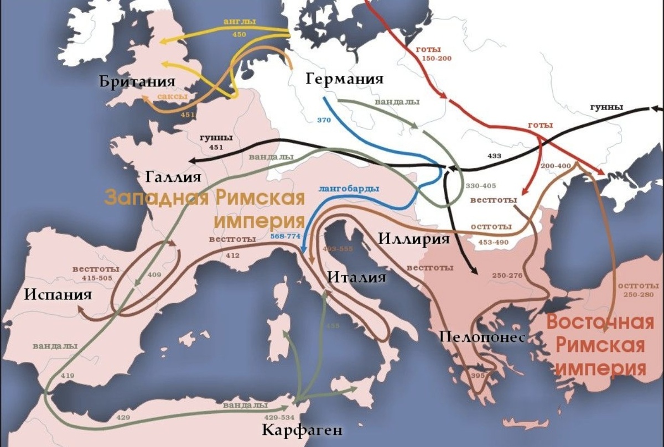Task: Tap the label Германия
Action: [344, 78]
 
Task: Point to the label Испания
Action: [57, 293]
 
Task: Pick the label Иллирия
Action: [414, 239]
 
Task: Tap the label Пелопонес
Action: [482, 337]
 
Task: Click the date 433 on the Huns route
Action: [494, 156]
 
